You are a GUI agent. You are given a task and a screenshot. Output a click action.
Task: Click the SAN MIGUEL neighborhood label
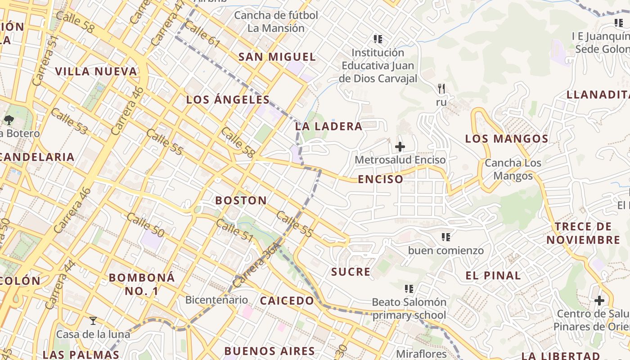pos(277,57)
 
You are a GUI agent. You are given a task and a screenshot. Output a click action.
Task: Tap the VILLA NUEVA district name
pos(96,72)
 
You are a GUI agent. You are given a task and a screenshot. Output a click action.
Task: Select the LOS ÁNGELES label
pos(228,100)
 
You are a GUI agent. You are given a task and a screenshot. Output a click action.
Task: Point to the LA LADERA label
pos(328,126)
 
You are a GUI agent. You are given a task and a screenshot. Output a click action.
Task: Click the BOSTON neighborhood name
pos(241,201)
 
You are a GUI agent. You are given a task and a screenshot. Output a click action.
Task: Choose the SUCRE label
pos(351,272)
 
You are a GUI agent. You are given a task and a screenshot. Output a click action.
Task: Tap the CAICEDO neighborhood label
pos(287,301)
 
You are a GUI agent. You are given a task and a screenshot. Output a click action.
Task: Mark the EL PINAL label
pos(493,276)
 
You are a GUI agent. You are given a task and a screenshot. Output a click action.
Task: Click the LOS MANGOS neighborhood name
pos(507,139)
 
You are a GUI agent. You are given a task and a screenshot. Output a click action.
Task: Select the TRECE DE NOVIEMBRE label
pos(583,233)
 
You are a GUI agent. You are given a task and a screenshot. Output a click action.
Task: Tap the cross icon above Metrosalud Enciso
pos(400,147)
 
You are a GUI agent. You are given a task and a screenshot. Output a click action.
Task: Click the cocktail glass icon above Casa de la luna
pos(93,321)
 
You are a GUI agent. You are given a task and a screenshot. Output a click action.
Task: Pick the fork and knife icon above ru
pos(441,89)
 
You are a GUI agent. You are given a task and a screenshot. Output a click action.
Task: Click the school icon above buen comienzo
pos(446,237)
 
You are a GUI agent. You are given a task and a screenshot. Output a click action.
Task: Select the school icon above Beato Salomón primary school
pos(409,288)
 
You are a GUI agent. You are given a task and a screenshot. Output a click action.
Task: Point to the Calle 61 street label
pos(202,35)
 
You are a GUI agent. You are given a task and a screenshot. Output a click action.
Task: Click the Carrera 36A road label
pos(254,267)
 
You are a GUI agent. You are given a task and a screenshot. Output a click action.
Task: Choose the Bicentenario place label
pos(216,300)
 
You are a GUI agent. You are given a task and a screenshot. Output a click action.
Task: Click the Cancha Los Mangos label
pos(513,169)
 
